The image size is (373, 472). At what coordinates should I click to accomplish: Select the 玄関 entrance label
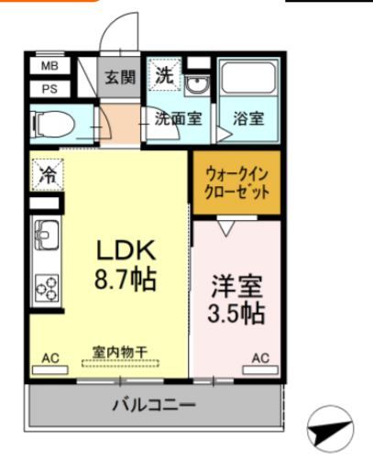click(118, 77)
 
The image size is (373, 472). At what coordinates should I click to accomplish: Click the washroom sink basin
click(197, 86)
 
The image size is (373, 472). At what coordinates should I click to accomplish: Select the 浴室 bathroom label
click(248, 118)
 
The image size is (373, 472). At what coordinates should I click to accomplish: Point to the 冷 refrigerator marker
click(46, 173)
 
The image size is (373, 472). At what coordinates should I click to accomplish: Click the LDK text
click(127, 249)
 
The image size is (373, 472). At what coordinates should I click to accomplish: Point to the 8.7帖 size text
click(127, 278)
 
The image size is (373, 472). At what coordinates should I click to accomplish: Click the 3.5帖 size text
click(237, 313)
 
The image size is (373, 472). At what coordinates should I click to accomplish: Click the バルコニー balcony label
click(153, 404)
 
